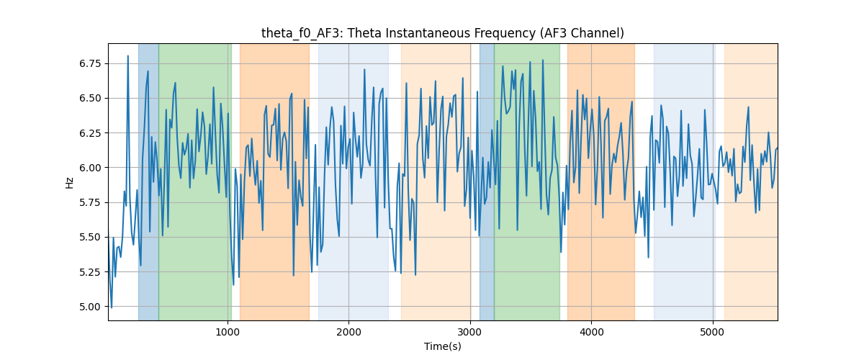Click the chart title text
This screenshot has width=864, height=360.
click(442, 33)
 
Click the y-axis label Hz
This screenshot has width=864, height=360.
click(69, 182)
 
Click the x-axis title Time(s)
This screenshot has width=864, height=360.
click(442, 346)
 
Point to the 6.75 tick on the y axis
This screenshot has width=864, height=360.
click(90, 63)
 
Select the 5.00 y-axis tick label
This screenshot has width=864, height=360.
click(90, 307)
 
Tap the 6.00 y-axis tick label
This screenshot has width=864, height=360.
click(90, 168)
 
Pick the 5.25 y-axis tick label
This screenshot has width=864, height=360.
click(90, 272)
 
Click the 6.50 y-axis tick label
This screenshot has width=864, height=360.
click(90, 99)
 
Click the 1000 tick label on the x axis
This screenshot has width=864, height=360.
click(228, 332)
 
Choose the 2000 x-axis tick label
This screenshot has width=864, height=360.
click(348, 332)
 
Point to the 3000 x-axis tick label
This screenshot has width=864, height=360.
click(470, 332)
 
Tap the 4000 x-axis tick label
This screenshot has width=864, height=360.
click(591, 332)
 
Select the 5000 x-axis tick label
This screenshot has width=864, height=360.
click(712, 332)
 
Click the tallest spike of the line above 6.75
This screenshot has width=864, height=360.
click(128, 56)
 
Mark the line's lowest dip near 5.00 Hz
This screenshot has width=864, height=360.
click(112, 307)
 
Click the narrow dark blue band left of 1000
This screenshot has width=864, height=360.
click(148, 181)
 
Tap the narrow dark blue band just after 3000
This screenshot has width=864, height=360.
click(487, 181)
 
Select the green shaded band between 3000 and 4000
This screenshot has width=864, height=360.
click(527, 181)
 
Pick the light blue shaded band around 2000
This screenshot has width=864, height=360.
click(354, 181)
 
